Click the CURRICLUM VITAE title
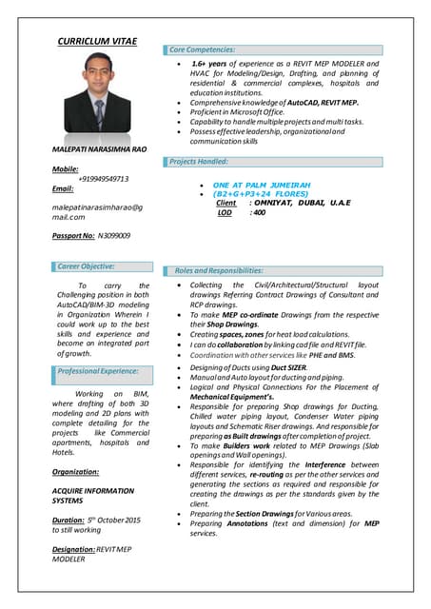(x=97, y=42)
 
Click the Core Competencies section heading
(x=203, y=49)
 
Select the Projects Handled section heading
(x=199, y=162)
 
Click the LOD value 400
(x=257, y=213)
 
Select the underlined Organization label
(x=76, y=472)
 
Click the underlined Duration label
(x=69, y=520)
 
